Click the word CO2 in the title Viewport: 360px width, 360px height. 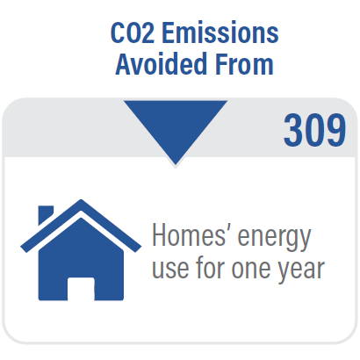(x=133, y=32)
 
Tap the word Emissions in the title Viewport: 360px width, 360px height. (x=220, y=32)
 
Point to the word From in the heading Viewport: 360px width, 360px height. (x=244, y=64)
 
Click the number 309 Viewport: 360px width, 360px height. (x=314, y=130)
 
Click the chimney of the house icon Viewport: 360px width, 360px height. (x=45, y=214)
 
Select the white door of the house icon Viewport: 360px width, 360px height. (x=81, y=289)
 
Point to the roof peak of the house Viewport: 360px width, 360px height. (x=81, y=200)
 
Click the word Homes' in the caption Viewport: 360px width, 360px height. (x=190, y=236)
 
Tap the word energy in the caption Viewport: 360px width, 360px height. (x=274, y=239)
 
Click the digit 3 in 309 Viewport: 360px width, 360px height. (x=293, y=130)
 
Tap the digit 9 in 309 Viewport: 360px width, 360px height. (x=336, y=130)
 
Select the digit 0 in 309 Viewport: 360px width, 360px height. (x=314, y=130)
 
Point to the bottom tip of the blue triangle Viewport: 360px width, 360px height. (x=176, y=165)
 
